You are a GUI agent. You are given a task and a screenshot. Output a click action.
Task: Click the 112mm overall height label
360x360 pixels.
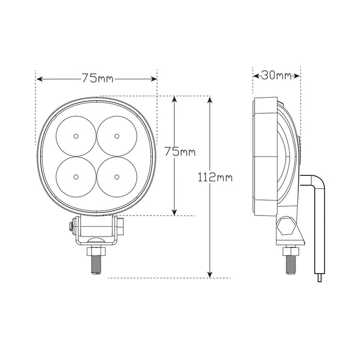pyautogui.click(x=215, y=177)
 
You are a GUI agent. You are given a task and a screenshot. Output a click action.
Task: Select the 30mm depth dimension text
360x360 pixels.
pyautogui.click(x=276, y=76)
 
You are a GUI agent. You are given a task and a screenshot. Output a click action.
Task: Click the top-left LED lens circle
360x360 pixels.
pyautogui.click(x=76, y=136)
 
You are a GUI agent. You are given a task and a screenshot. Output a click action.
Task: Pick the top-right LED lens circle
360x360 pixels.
pyautogui.click(x=117, y=136)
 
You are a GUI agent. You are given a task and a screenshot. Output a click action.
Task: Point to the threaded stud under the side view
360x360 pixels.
pyautogui.click(x=291, y=265)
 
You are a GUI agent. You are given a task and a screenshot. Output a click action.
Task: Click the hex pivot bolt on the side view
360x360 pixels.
pyautogui.click(x=286, y=227)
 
